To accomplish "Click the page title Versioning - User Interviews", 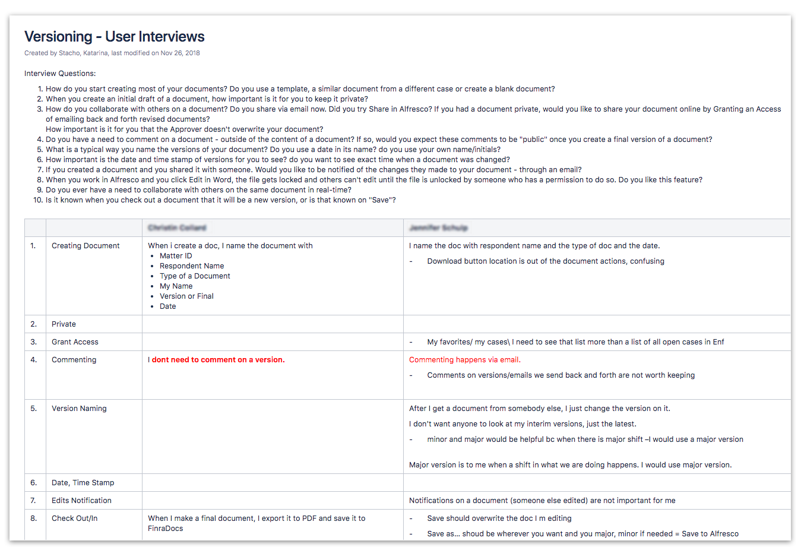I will [114, 37].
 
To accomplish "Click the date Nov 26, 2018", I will [180, 53].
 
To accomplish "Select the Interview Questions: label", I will [60, 74].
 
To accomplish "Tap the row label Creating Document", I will [86, 246].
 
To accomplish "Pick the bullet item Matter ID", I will [176, 256].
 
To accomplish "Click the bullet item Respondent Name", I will [192, 266].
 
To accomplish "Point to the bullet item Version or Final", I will [186, 296].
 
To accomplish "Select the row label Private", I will [64, 324].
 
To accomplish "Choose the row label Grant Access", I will [75, 342].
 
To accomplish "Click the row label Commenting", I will [74, 360].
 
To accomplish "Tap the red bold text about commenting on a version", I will [216, 360].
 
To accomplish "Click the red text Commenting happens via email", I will [464, 360].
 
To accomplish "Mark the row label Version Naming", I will [79, 409].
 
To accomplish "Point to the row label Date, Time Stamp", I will [83, 483].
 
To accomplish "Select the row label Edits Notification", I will [81, 501].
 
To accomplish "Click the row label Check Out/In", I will [74, 519].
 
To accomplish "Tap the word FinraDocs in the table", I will [166, 529].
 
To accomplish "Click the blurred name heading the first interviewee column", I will [177, 228].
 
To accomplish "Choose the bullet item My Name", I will [176, 286].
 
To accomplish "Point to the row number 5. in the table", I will [34, 409].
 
